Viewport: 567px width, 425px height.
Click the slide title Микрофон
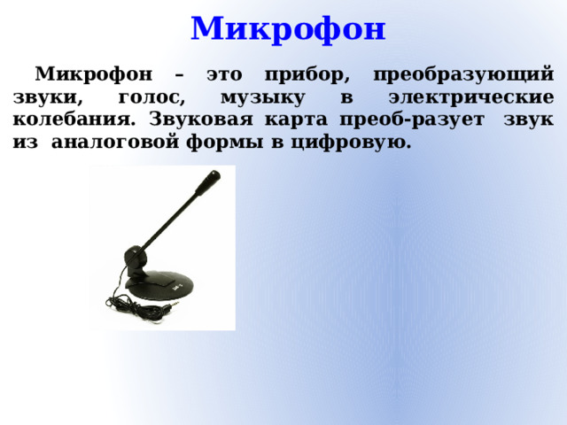289,28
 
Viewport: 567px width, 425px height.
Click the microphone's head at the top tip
209,181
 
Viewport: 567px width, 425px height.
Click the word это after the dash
230,74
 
